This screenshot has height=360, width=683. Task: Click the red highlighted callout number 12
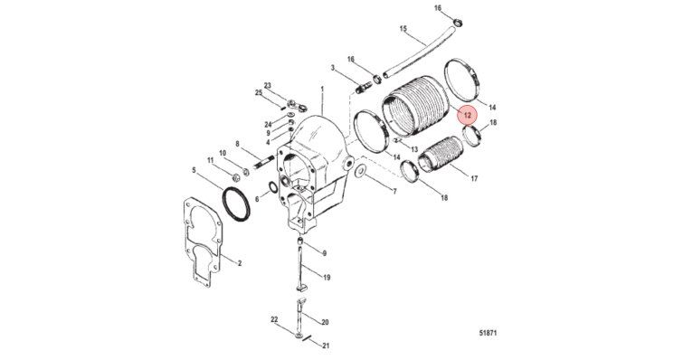coord(468,116)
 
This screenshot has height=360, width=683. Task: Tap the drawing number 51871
coord(488,333)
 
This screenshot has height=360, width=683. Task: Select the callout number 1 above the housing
coord(322,89)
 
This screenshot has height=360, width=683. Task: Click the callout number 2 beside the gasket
coord(240,263)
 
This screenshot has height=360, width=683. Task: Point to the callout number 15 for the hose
coord(403,29)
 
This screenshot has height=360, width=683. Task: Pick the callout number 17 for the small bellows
coord(474,178)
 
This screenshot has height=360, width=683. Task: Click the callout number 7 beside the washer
coord(395,191)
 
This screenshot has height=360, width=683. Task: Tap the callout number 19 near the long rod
coord(327,278)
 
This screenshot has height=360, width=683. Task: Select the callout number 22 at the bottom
coord(274,319)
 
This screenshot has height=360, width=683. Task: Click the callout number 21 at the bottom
coord(326,346)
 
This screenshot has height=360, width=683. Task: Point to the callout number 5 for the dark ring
coord(194,170)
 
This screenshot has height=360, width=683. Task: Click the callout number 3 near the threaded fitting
coord(333,68)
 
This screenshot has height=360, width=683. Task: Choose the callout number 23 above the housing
coord(268,85)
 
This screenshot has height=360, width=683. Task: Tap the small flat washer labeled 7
coord(361,171)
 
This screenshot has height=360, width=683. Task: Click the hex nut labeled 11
coord(234,177)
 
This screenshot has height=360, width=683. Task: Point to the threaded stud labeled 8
coord(263,161)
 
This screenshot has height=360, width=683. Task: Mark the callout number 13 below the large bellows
coord(413,149)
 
